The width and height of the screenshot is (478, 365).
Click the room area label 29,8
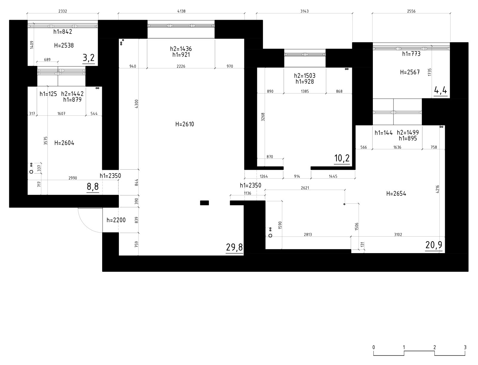point(234,247)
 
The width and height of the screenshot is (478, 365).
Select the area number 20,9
point(434,245)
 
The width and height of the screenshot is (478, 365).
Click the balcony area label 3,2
point(89,58)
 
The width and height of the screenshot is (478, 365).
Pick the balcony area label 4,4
point(441,90)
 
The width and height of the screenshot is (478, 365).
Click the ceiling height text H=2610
point(185,124)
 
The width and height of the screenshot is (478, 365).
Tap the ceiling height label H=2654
point(396,194)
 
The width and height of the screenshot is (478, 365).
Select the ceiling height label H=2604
point(64,143)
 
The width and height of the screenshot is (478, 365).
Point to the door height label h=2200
point(116,220)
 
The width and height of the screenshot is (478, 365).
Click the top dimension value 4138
point(181,11)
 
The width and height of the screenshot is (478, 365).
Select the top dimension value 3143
point(304,11)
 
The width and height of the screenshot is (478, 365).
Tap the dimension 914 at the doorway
point(297,176)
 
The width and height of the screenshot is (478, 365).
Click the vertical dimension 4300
point(136,104)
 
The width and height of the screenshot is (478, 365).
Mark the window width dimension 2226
point(181,66)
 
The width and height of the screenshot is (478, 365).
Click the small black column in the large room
point(204,203)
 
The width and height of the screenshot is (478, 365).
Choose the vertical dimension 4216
point(438,189)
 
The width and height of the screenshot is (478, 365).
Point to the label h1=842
point(63,32)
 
